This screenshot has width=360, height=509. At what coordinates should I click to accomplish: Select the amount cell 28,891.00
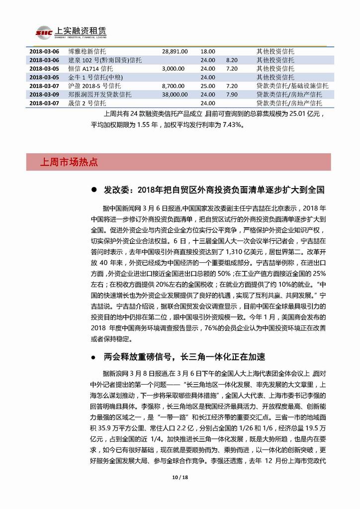click(x=175, y=51)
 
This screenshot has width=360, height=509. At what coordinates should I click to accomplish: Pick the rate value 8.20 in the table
click(x=231, y=60)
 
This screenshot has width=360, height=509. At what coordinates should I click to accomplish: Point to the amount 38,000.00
click(x=175, y=94)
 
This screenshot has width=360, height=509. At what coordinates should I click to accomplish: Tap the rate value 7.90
click(x=231, y=94)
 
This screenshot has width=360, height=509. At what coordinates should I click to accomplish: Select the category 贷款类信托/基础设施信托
click(x=289, y=86)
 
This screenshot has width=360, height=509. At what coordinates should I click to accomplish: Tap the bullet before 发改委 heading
click(x=93, y=190)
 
